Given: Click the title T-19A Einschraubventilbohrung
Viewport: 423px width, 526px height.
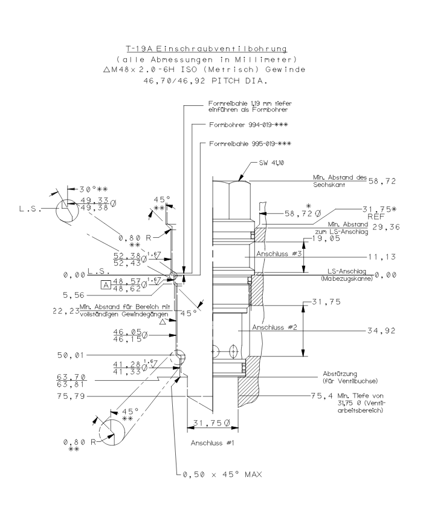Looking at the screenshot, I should click(x=206, y=48).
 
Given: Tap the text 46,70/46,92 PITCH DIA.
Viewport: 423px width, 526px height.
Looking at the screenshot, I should click(x=206, y=79).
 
